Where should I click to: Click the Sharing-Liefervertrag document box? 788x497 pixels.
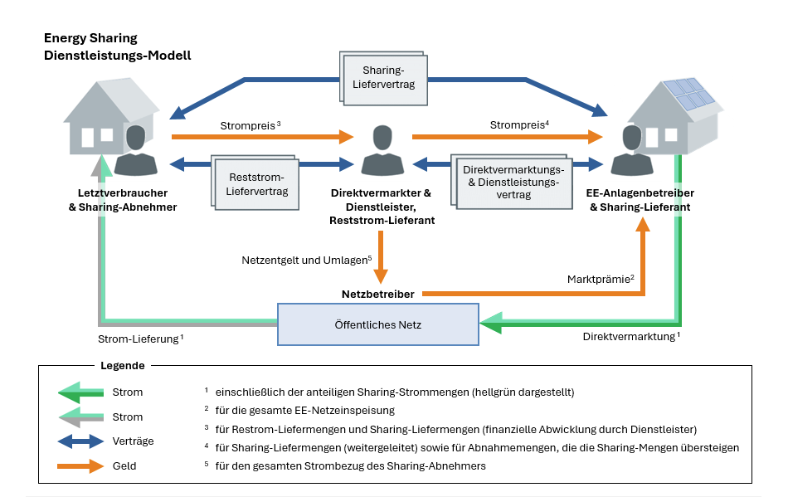point(383,78)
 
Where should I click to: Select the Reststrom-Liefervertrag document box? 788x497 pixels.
point(255,183)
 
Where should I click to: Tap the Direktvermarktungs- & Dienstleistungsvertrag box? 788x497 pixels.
point(512,182)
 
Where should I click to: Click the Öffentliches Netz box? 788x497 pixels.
point(378,324)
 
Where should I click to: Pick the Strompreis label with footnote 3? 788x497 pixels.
point(251,125)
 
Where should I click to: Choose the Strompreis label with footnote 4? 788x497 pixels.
point(519,124)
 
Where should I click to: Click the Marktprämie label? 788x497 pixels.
point(601,279)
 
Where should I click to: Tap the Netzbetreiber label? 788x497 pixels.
point(378,294)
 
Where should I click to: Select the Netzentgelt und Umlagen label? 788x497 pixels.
point(307,261)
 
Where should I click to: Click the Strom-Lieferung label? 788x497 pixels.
point(141,339)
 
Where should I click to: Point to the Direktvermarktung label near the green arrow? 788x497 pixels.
point(632,337)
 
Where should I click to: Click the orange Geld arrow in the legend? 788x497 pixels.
point(80,465)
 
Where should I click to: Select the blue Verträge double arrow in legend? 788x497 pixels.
point(81,441)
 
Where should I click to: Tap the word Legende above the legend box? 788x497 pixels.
point(123,365)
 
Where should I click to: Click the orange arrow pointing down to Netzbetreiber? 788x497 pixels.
point(381,257)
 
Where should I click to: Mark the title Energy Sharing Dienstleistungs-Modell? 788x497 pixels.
point(118,46)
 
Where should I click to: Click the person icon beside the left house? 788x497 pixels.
point(136,150)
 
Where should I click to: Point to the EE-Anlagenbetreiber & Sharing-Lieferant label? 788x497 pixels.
point(640,200)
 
